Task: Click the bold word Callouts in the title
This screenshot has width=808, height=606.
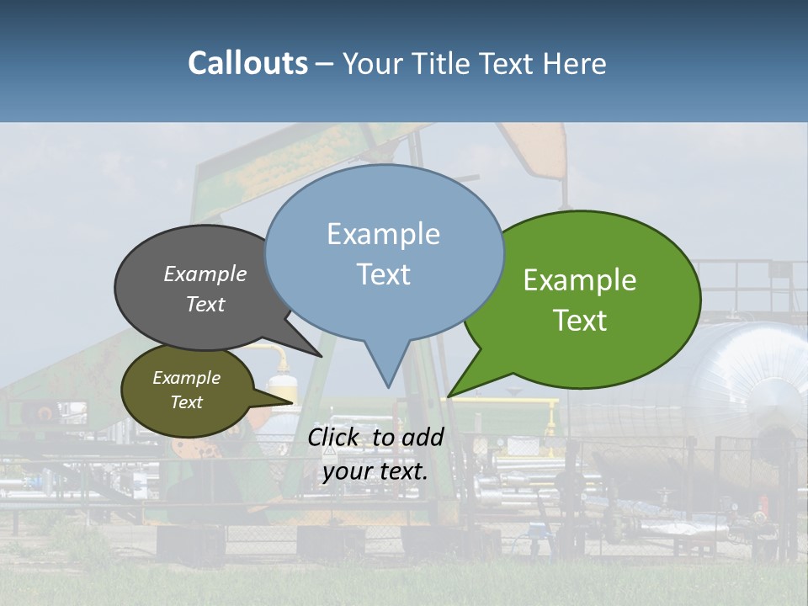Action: (x=247, y=63)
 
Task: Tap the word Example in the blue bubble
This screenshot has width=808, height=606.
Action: (x=383, y=234)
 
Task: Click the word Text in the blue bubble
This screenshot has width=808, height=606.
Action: (x=383, y=274)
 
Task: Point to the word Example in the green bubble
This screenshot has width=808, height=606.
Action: (x=580, y=280)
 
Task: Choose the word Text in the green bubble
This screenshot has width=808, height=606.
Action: (x=580, y=321)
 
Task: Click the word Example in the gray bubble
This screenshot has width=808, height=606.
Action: (x=205, y=274)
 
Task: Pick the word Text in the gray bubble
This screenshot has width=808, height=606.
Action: (x=205, y=304)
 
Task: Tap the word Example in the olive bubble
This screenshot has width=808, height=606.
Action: (x=186, y=378)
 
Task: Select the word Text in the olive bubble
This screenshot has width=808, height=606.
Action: (x=186, y=402)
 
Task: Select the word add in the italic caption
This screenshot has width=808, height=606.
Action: (x=422, y=437)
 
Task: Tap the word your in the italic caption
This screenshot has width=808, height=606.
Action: (x=346, y=471)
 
